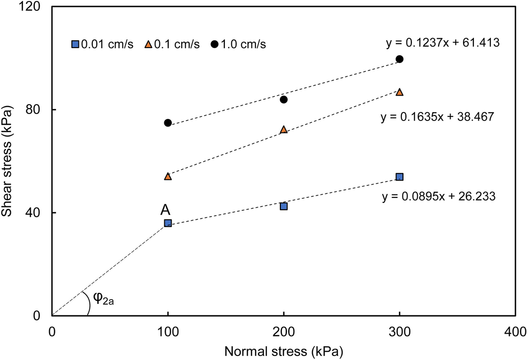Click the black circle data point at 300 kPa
pyautogui.click(x=399, y=59)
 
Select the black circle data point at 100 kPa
pyautogui.click(x=168, y=122)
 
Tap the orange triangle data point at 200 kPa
pyautogui.click(x=284, y=129)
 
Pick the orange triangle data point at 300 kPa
pyautogui.click(x=399, y=92)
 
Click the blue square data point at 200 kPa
pyautogui.click(x=284, y=206)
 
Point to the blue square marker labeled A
pyautogui.click(x=168, y=223)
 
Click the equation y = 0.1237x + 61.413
pyautogui.click(x=443, y=43)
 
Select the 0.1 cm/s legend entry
pyautogui.click(x=172, y=45)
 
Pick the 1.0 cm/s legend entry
pyautogui.click(x=239, y=45)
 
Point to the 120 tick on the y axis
pyautogui.click(x=33, y=6)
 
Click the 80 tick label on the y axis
pyautogui.click(x=36, y=110)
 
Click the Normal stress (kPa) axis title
pyautogui.click(x=283, y=351)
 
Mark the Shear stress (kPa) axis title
pyautogui.click(x=8, y=161)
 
